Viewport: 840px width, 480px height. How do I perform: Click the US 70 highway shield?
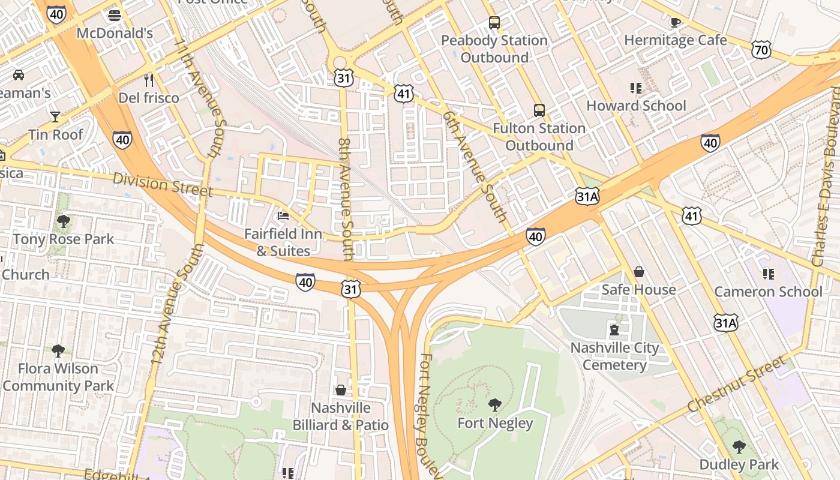pos(761,50)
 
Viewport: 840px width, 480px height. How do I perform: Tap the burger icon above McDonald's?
pos(115,15)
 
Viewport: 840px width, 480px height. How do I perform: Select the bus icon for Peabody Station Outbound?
pos(494,23)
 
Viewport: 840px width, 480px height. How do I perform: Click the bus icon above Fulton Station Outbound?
pos(539,110)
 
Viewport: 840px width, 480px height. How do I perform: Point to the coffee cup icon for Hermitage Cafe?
pos(675,22)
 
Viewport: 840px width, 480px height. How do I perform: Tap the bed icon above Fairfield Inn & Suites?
pos(283,216)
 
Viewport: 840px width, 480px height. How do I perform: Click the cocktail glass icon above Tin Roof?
pos(55,116)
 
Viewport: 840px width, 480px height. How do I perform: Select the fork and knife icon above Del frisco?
pos(149,80)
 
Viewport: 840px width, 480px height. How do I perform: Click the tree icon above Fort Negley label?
pos(495,405)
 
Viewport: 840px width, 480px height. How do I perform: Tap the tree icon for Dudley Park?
pos(739,446)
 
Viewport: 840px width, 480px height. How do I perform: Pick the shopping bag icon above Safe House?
pos(639,272)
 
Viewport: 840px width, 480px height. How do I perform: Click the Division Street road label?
pos(163,185)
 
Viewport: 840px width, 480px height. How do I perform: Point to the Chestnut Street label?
pos(736,384)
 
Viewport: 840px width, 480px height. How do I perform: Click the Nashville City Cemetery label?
pos(614,356)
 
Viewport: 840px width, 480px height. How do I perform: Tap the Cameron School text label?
pos(768,292)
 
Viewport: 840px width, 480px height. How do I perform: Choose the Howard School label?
pos(636,106)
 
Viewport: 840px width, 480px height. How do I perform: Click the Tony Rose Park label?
pos(64,239)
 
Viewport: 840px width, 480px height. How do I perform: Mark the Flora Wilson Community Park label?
pos(58,377)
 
